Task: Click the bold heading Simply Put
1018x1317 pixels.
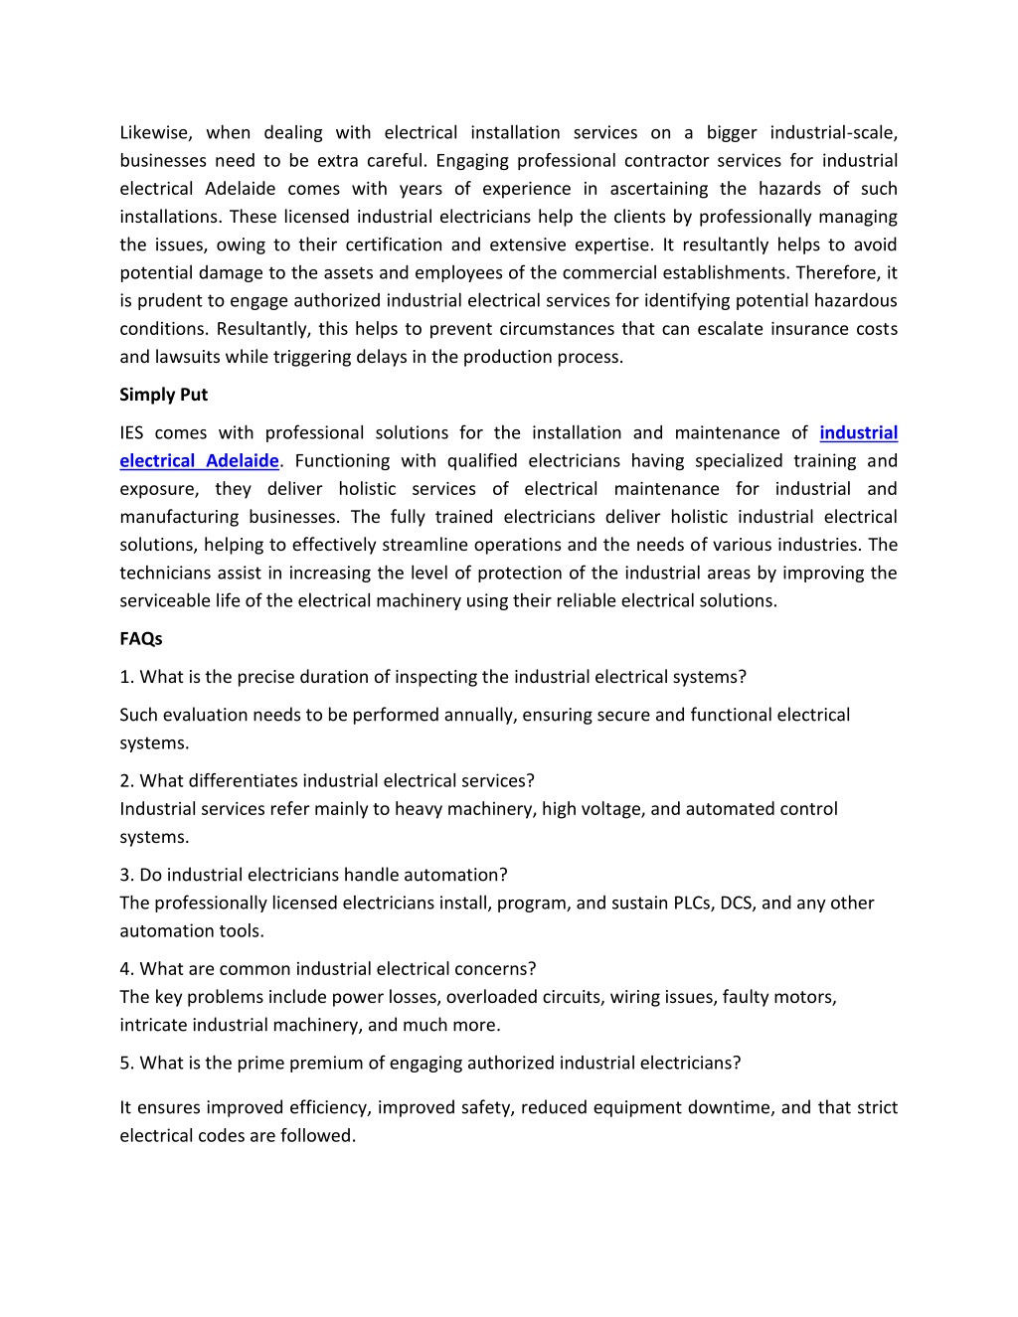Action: click(x=163, y=395)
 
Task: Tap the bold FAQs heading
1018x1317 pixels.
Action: click(x=140, y=638)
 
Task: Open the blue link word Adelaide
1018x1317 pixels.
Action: click(x=242, y=460)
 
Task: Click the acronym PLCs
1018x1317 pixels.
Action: click(x=692, y=903)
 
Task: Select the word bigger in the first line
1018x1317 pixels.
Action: click(x=732, y=132)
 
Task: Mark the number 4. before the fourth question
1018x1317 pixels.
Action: click(x=127, y=969)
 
